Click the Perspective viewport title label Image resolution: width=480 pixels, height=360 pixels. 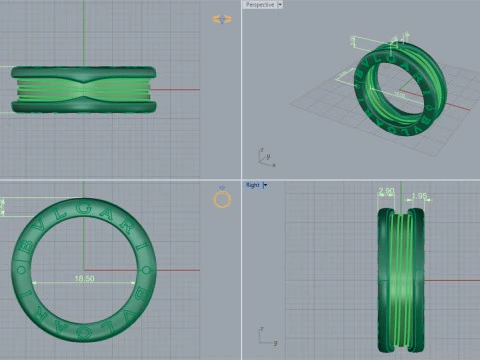(261, 5)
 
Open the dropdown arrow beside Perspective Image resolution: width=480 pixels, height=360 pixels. (280, 5)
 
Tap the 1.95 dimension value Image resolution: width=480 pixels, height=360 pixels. (419, 196)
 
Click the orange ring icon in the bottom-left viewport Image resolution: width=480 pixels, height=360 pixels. (223, 199)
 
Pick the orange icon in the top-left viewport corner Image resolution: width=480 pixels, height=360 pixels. (222, 19)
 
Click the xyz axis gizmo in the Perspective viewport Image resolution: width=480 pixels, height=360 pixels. (264, 156)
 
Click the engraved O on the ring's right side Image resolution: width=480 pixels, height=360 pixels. (145, 270)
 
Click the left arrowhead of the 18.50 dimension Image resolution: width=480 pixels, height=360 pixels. (35, 283)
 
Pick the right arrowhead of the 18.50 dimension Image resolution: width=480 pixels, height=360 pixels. (134, 283)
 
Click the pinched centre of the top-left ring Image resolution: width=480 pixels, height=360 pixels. (84, 88)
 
